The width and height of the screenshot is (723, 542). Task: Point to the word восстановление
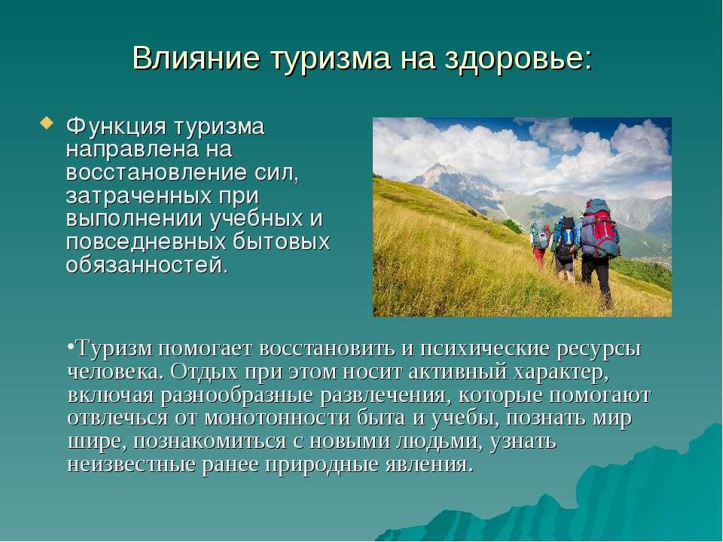click(157, 172)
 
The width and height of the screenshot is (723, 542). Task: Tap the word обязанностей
click(147, 265)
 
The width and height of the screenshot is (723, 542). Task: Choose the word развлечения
click(383, 395)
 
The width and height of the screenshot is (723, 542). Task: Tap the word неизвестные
click(131, 464)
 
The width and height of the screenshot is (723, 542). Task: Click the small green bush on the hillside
click(512, 226)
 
